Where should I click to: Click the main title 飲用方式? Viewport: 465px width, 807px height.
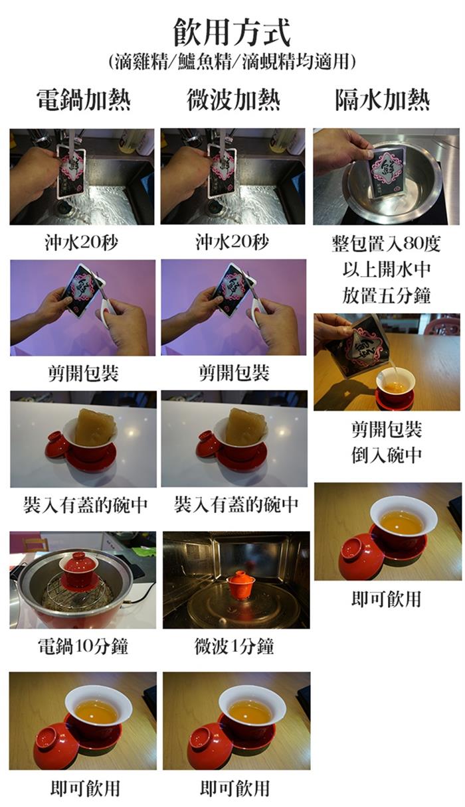click(232, 33)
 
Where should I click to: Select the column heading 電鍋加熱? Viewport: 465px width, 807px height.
click(83, 100)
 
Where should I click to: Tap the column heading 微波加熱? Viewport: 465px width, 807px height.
click(233, 100)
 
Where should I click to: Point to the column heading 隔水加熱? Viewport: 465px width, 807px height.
click(383, 100)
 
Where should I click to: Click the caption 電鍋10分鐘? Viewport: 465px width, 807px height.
click(83, 646)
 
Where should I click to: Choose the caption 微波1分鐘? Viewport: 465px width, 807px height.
click(234, 646)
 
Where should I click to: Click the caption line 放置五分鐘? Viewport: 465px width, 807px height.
click(387, 295)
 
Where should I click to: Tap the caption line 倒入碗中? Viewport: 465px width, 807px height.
click(387, 455)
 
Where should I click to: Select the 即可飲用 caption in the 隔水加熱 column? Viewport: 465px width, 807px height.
click(387, 599)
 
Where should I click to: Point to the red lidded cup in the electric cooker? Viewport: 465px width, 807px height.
click(78, 569)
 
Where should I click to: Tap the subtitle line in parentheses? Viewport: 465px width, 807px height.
click(232, 62)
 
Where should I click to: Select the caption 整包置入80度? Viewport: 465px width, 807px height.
click(387, 244)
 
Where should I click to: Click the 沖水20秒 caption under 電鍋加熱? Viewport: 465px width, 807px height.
click(82, 242)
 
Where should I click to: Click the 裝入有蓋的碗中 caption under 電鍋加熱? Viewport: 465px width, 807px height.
click(86, 504)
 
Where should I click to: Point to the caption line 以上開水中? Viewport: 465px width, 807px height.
click(387, 269)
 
